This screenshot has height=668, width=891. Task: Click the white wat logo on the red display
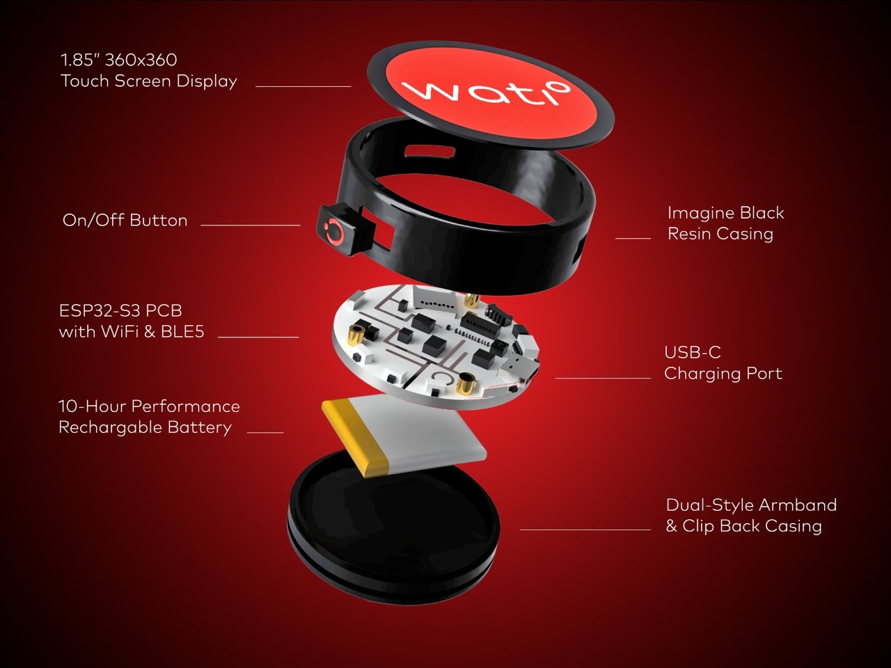(485, 93)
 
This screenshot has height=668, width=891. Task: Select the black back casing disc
(393, 527)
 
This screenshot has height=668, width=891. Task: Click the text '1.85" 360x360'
(118, 60)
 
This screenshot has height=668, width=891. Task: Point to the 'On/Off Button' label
(125, 221)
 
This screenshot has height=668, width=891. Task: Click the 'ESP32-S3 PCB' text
(120, 310)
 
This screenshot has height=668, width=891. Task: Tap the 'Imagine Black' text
(726, 214)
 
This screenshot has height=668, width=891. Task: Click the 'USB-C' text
(693, 353)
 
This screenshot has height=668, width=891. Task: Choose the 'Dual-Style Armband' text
(751, 505)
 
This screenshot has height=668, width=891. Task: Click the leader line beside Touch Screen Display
(303, 86)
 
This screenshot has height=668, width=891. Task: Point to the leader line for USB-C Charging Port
(603, 378)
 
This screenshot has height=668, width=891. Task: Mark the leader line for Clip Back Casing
(585, 530)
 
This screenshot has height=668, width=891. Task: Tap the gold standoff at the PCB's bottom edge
(465, 383)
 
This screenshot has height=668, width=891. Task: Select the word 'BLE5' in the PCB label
(182, 332)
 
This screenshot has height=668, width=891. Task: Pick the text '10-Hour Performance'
(149, 406)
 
